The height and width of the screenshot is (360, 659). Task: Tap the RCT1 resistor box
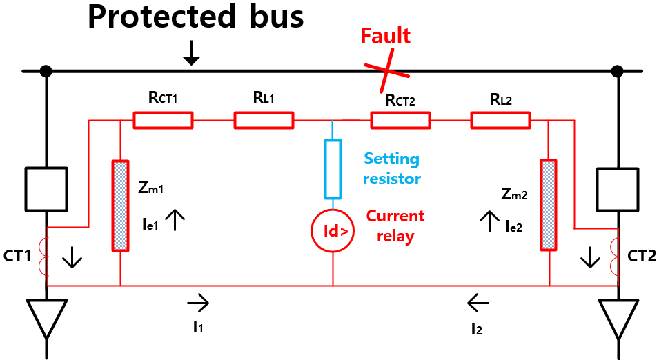(163, 121)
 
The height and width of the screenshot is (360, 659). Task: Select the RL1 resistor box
(264, 121)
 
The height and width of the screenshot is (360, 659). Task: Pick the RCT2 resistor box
(401, 121)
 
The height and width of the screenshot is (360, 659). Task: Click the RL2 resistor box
(501, 121)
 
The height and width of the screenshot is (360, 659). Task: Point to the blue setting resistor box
(333, 168)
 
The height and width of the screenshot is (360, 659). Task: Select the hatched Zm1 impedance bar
(120, 205)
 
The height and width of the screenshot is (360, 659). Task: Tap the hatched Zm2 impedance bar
(549, 205)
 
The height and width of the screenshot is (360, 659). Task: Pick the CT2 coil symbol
(615, 257)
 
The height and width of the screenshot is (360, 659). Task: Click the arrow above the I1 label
(197, 301)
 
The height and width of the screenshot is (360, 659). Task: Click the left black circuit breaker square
(47, 187)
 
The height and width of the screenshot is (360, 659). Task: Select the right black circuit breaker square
(618, 187)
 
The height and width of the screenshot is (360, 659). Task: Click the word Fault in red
(386, 36)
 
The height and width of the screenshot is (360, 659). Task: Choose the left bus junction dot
(46, 70)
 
